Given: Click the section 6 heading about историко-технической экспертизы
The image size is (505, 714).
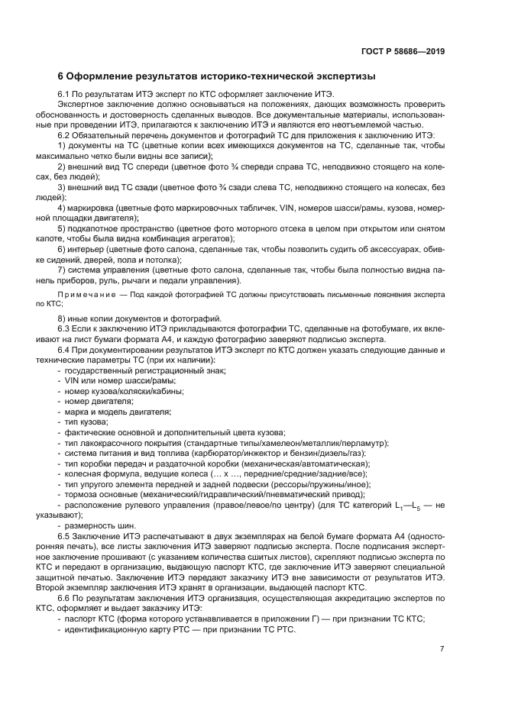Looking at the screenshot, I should [216, 77].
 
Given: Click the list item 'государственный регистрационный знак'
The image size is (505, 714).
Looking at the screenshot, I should [145, 370].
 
